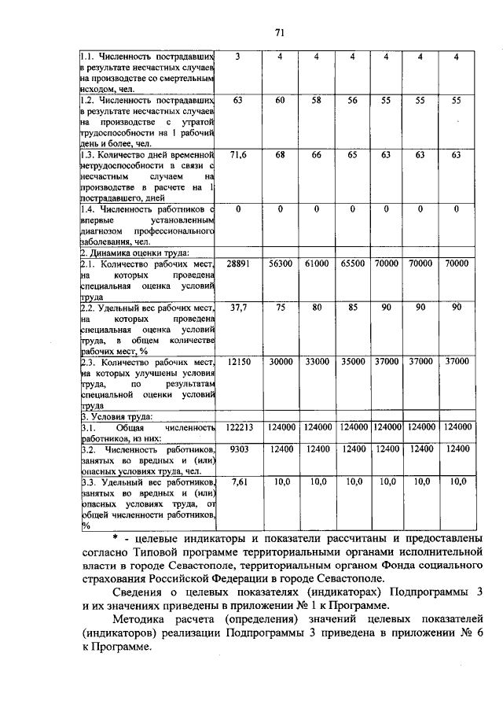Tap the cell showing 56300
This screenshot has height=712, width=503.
pos(278,265)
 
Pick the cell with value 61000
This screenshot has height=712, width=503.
pos(316,265)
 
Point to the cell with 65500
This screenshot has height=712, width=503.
pos(353,265)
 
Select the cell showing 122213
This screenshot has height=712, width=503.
pos(237,427)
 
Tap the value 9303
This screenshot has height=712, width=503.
pos(237,448)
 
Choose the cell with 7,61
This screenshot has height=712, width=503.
pos(237,481)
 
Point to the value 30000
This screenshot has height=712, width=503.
pos(278,361)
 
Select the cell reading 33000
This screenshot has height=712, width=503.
pos(316,361)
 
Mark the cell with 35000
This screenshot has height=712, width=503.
pos(353,361)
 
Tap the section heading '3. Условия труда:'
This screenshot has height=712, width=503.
pos(116,415)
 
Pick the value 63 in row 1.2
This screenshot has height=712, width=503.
pos(237,101)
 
